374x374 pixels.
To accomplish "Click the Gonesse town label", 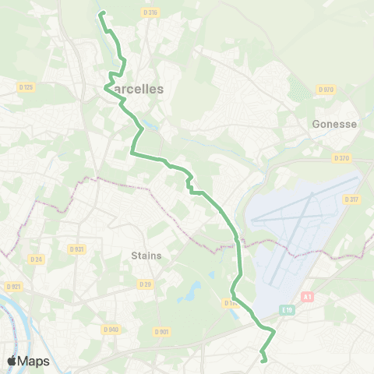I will click(334, 124).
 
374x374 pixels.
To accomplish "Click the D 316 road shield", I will click(151, 13).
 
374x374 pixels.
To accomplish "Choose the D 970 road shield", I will click(326, 90).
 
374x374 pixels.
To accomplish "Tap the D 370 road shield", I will click(341, 158).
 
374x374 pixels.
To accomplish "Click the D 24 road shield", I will click(35, 259).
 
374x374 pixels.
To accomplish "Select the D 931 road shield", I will click(76, 249).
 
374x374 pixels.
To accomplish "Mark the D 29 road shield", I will click(144, 284).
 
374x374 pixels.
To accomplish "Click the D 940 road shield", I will click(110, 330).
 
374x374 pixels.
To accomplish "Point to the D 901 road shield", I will click(162, 331).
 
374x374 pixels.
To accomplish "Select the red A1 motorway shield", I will click(307, 297).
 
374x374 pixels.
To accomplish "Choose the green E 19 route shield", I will click(287, 310).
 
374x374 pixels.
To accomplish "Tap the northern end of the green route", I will click(101, 12).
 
